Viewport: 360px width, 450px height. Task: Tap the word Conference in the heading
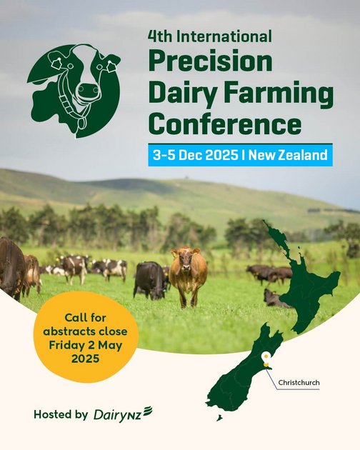coord(225,124)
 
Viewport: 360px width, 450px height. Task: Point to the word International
coord(224,36)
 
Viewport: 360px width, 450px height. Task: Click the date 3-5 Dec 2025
coord(195,155)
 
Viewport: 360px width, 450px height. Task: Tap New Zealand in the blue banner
coord(288,155)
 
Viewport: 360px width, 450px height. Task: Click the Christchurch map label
coord(299,383)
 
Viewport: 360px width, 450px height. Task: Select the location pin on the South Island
coord(266,359)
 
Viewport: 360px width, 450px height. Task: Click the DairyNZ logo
coord(123,415)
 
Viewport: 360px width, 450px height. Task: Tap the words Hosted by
coord(61,414)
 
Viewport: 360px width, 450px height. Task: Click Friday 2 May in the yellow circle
coord(85,345)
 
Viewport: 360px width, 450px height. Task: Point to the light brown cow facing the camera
coord(189,276)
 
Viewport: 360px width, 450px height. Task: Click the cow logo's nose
coord(88,91)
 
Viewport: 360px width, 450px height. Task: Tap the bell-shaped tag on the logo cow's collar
coord(81,123)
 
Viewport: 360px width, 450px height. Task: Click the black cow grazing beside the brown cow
coord(149,281)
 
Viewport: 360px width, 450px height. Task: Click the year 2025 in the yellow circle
coord(85,359)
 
